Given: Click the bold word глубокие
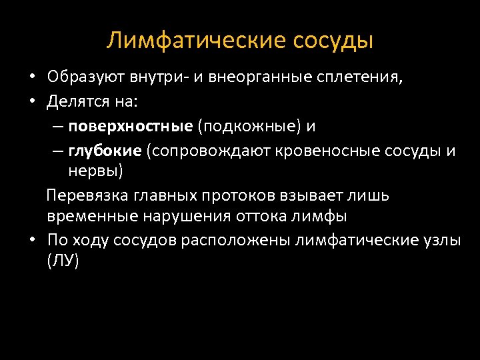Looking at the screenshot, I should (x=105, y=151).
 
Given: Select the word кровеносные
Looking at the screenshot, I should (x=319, y=151).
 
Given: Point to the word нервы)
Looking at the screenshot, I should (x=96, y=171).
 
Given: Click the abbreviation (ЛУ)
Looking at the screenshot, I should (x=63, y=261).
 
